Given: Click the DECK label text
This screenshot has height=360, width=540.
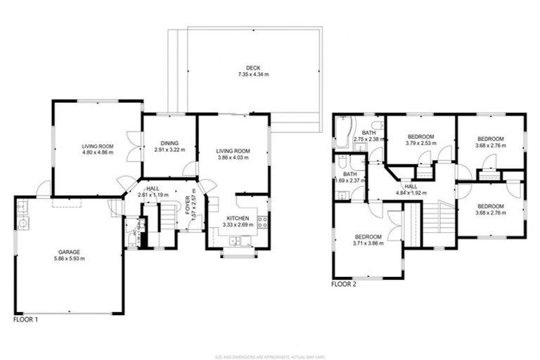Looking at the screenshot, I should [244, 67].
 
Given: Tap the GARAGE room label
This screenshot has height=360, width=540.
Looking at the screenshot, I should [68, 251].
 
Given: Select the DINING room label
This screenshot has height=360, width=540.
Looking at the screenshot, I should [169, 143].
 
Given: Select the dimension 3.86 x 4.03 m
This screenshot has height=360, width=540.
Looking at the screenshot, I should [233, 157].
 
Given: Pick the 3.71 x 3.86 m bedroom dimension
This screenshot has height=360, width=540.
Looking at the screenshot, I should [368, 243].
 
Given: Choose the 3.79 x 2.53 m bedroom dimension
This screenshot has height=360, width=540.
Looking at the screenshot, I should [421, 143].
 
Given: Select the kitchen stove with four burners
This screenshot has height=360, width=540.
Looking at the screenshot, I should [262, 223].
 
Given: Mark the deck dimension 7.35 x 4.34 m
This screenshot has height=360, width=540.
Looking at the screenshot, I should [244, 75].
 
